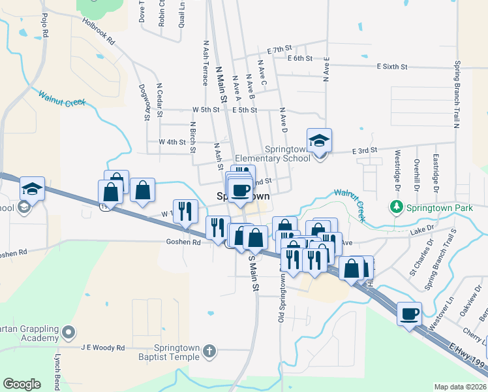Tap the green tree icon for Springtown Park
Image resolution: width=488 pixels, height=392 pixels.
pyautogui.click(x=396, y=208)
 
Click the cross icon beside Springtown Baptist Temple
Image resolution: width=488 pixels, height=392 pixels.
pyautogui.click(x=209, y=351)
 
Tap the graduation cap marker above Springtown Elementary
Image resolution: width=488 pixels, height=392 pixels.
pyautogui.click(x=320, y=140)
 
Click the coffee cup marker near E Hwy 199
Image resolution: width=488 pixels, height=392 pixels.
pyautogui.click(x=409, y=314)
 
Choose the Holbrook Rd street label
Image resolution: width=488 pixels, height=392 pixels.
pyautogui.click(x=99, y=31)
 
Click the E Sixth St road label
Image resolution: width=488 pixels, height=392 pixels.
pyautogui.click(x=392, y=67)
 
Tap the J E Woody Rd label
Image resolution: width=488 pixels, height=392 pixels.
pyautogui.click(x=103, y=348)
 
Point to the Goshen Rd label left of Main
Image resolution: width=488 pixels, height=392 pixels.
pyautogui.click(x=187, y=241)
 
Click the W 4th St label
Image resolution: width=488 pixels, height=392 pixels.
pyautogui.click(x=172, y=142)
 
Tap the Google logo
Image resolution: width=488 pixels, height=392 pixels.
pyautogui.click(x=22, y=384)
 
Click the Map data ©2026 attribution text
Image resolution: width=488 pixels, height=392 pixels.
pyautogui.click(x=460, y=387)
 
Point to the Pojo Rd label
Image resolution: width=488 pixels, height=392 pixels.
pyautogui.click(x=44, y=25)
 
